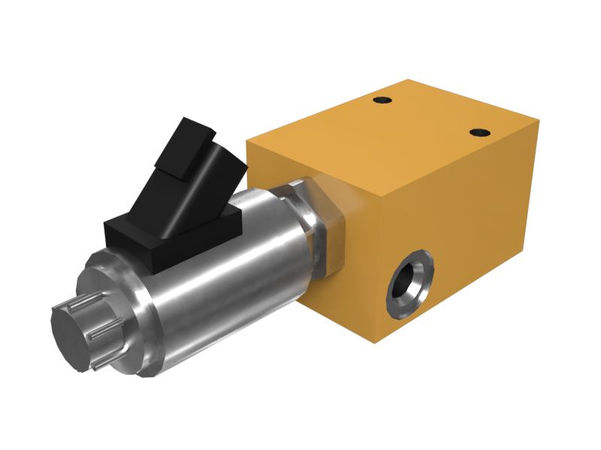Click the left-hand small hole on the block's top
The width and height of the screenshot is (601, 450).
click(383, 100)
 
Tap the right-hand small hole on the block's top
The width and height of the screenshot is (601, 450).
click(479, 133)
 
